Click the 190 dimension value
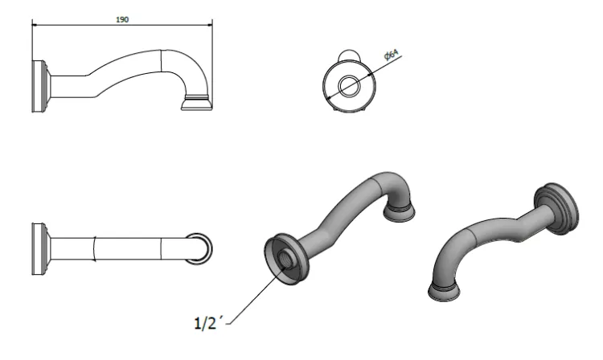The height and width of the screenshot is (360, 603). (122, 19)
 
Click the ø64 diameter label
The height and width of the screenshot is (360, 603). (392, 55)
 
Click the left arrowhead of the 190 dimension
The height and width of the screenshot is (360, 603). (35, 26)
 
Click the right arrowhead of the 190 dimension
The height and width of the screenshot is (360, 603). (210, 26)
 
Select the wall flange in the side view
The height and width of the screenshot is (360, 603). (40, 87)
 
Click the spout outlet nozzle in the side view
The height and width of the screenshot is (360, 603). (197, 103)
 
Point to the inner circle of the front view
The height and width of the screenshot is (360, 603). (349, 85)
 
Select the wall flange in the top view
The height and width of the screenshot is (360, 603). (40, 249)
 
